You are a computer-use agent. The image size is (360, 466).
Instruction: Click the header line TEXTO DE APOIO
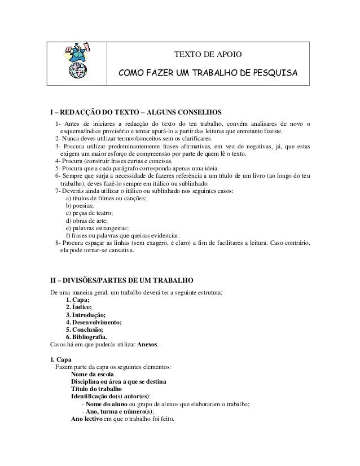point(208,55)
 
